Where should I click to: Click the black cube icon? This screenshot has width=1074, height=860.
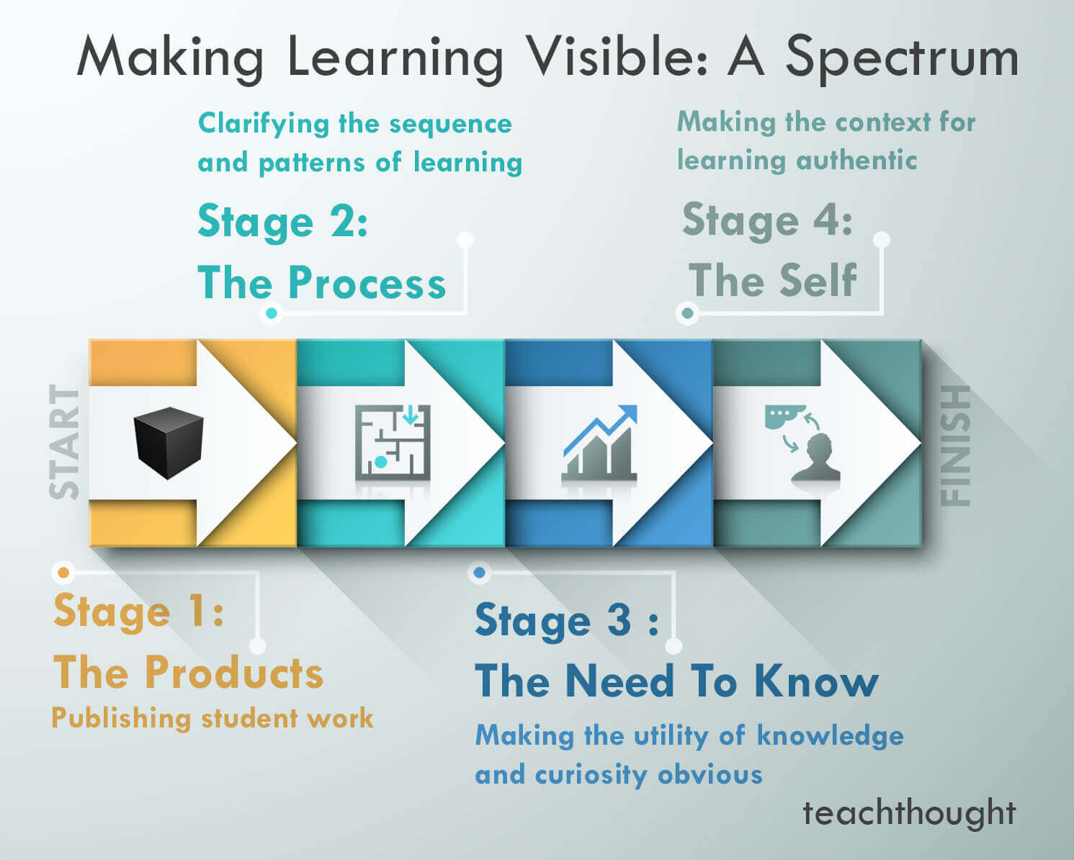(x=169, y=442)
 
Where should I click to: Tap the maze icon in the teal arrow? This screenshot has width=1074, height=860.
(x=393, y=442)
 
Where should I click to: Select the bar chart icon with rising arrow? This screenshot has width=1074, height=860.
(x=600, y=444)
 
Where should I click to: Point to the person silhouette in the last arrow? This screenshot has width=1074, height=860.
(x=816, y=459)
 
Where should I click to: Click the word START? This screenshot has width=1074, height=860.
(x=65, y=442)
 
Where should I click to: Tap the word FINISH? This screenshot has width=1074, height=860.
(x=956, y=444)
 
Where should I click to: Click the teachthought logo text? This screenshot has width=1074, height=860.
(x=909, y=813)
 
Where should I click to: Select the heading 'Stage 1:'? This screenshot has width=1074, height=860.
(x=138, y=612)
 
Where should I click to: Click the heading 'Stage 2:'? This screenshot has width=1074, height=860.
(x=282, y=222)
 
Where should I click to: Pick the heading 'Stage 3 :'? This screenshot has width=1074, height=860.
(x=566, y=621)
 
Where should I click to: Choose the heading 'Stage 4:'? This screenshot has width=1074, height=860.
(x=767, y=220)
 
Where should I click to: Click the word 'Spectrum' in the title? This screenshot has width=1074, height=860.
(x=902, y=58)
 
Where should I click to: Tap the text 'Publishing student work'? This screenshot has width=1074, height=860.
(x=212, y=718)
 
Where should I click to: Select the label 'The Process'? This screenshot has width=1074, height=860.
(x=321, y=282)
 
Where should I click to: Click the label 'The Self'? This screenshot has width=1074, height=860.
(x=772, y=281)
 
